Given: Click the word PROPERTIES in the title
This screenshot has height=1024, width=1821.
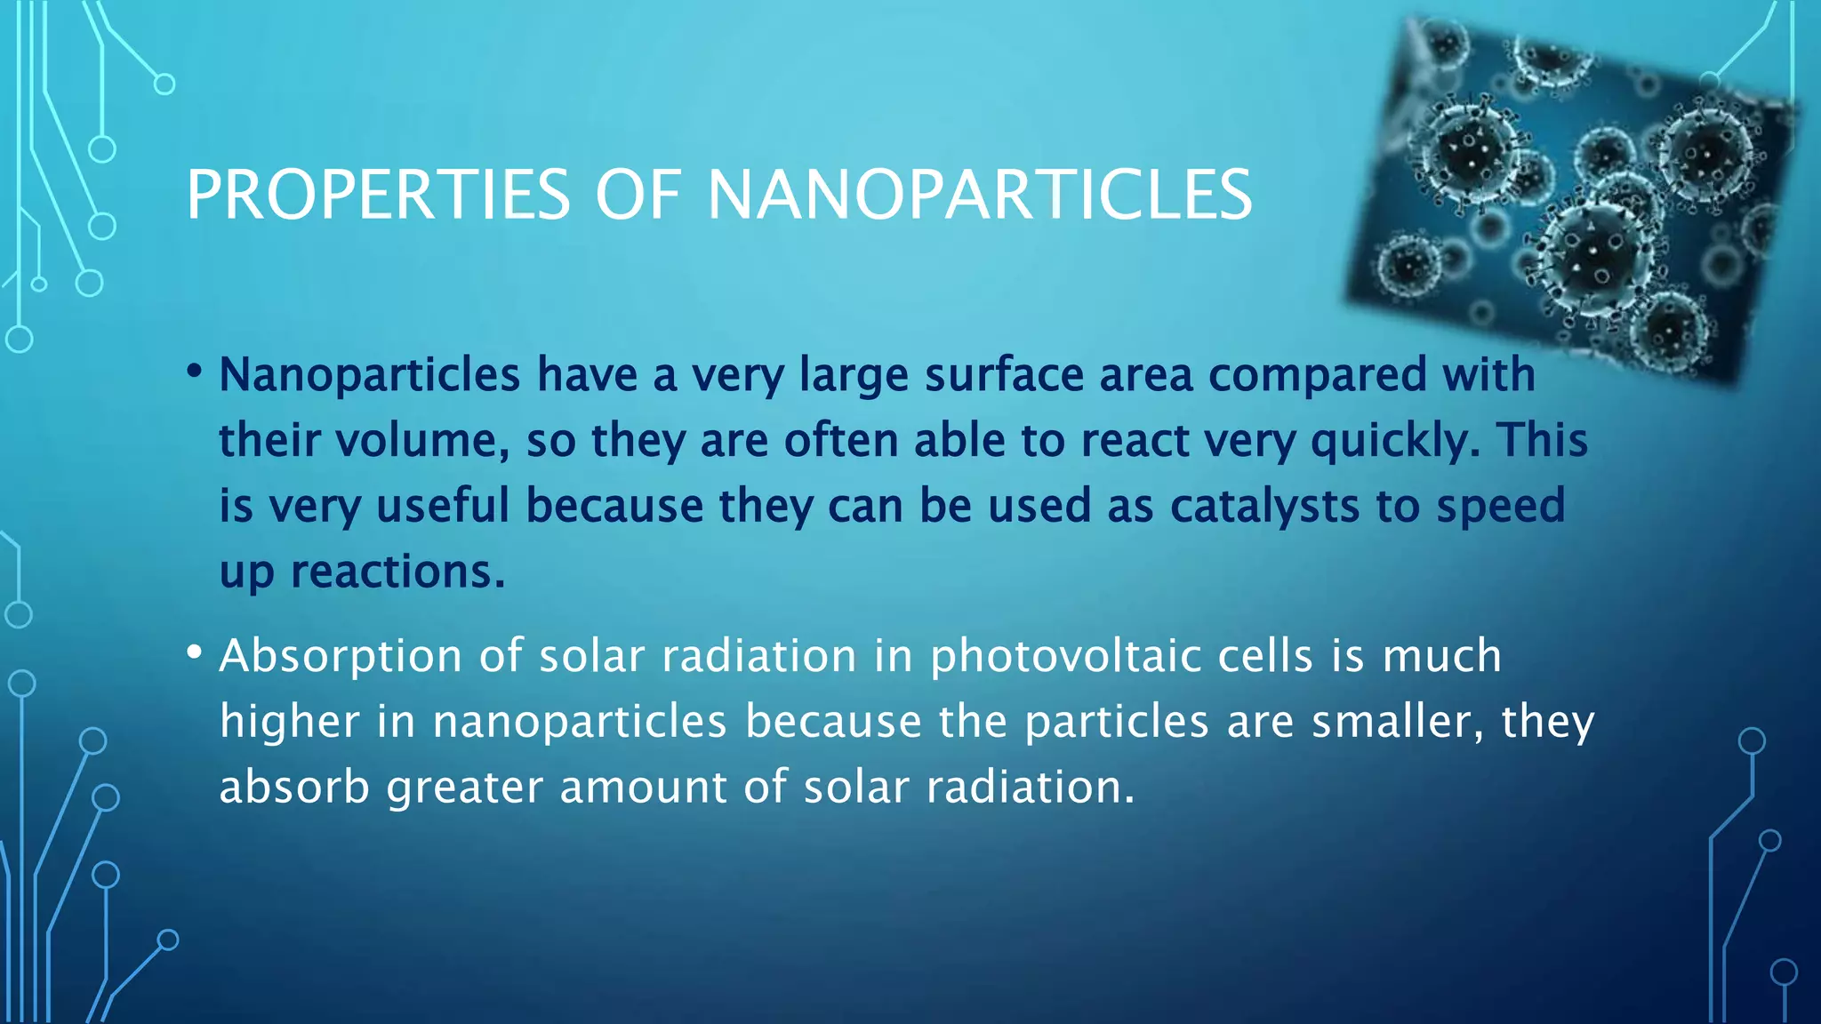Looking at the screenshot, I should [378, 196].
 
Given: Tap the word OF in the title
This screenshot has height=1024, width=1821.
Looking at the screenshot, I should [638, 196].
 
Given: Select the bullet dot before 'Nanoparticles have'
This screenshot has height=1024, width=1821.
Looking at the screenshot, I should [195, 371].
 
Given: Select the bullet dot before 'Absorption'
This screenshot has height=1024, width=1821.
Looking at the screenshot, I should [195, 652].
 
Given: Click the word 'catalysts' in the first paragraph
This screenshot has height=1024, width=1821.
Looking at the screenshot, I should [1264, 506].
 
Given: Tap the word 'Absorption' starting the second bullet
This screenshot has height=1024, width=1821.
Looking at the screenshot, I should [341, 657].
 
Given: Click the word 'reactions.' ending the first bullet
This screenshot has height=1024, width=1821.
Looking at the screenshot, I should [397, 572].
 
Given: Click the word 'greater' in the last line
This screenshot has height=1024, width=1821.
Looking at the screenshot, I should [464, 788].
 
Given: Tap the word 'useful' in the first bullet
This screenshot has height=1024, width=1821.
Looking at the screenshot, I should [443, 506].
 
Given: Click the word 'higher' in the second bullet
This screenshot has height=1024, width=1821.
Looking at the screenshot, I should [290, 722].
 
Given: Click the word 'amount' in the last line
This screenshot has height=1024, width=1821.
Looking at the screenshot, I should [644, 788].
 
